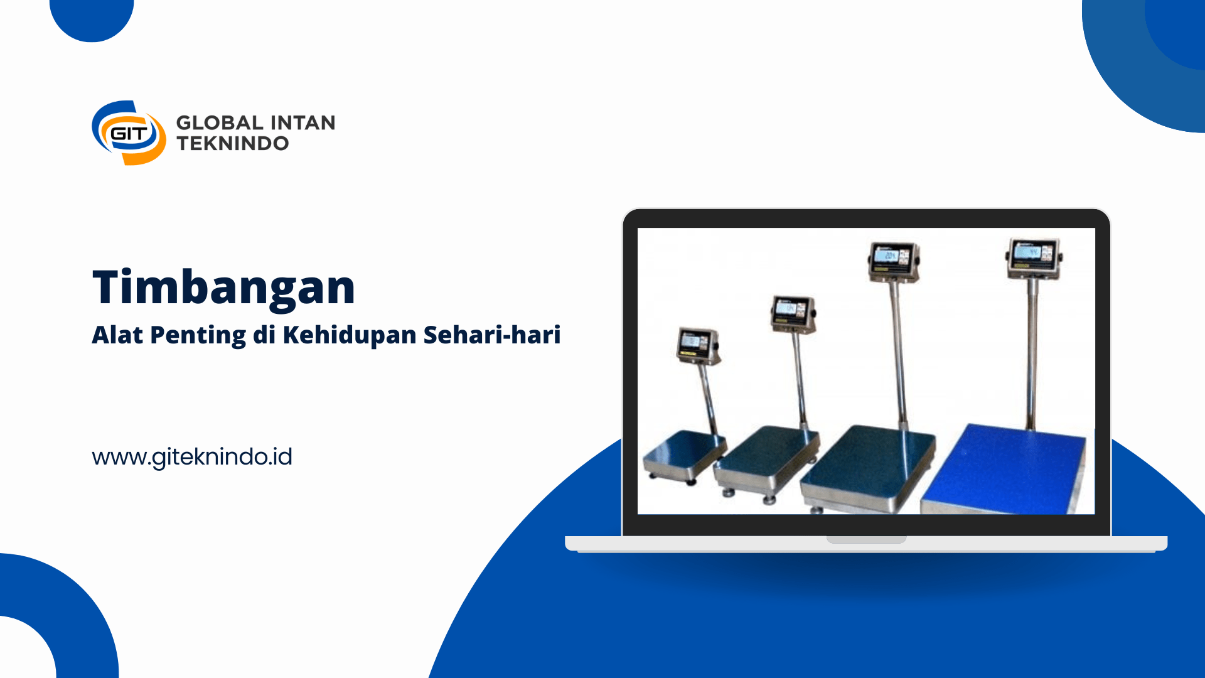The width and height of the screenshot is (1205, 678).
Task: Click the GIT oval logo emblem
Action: tap(129, 133)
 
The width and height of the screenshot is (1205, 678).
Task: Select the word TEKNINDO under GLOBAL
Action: tap(233, 143)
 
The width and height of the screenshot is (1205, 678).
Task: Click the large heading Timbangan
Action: tap(224, 288)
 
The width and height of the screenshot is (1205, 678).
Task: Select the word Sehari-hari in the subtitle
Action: tap(492, 335)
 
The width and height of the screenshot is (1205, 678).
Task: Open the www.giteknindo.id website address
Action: tap(192, 457)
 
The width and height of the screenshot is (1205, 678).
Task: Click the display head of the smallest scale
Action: tap(698, 346)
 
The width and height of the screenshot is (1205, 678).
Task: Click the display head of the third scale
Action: tap(894, 261)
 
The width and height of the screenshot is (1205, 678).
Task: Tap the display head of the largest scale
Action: tap(1034, 257)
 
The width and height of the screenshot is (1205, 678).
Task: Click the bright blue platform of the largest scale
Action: tap(1004, 469)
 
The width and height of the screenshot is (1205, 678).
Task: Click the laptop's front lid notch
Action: tap(866, 539)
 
